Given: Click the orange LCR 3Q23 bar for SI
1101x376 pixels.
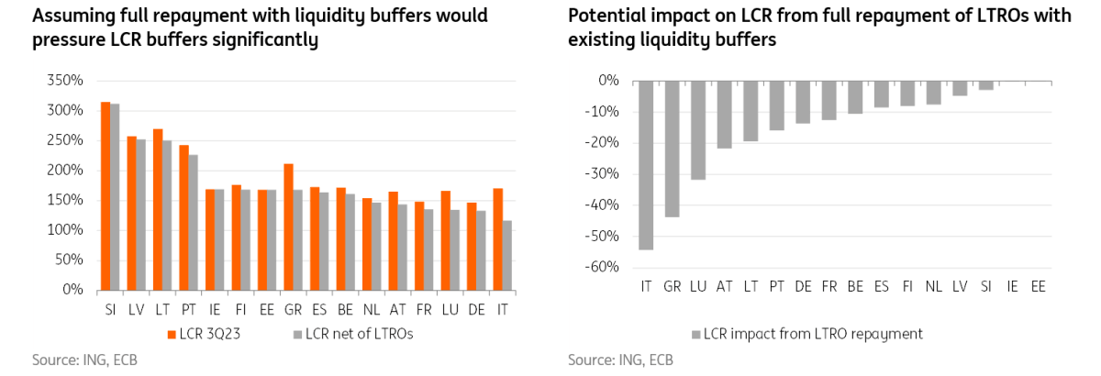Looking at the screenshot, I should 106,196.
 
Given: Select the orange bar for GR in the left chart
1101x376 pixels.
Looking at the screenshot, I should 289,227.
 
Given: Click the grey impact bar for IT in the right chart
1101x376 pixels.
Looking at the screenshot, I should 646,165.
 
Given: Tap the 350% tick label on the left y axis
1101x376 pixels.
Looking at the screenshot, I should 65,81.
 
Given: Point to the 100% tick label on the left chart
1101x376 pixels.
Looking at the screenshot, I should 65,230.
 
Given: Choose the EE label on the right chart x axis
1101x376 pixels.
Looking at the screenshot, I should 1038,287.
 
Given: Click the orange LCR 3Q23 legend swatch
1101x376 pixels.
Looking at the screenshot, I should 172,334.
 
